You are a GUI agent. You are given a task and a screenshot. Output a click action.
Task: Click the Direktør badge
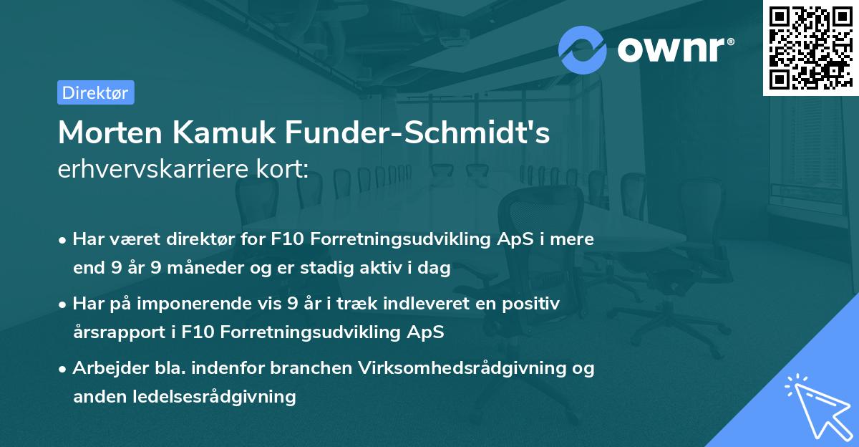(95, 92)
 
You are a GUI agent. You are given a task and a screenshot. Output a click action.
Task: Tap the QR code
(810, 47)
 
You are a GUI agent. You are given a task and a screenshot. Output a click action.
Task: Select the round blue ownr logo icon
(583, 49)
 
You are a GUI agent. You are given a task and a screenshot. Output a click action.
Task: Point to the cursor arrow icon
(817, 405)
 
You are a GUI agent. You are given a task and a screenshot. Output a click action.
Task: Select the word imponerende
(198, 304)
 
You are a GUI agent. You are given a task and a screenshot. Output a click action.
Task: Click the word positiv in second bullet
(533, 304)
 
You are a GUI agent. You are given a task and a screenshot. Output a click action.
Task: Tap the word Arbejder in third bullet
(105, 368)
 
